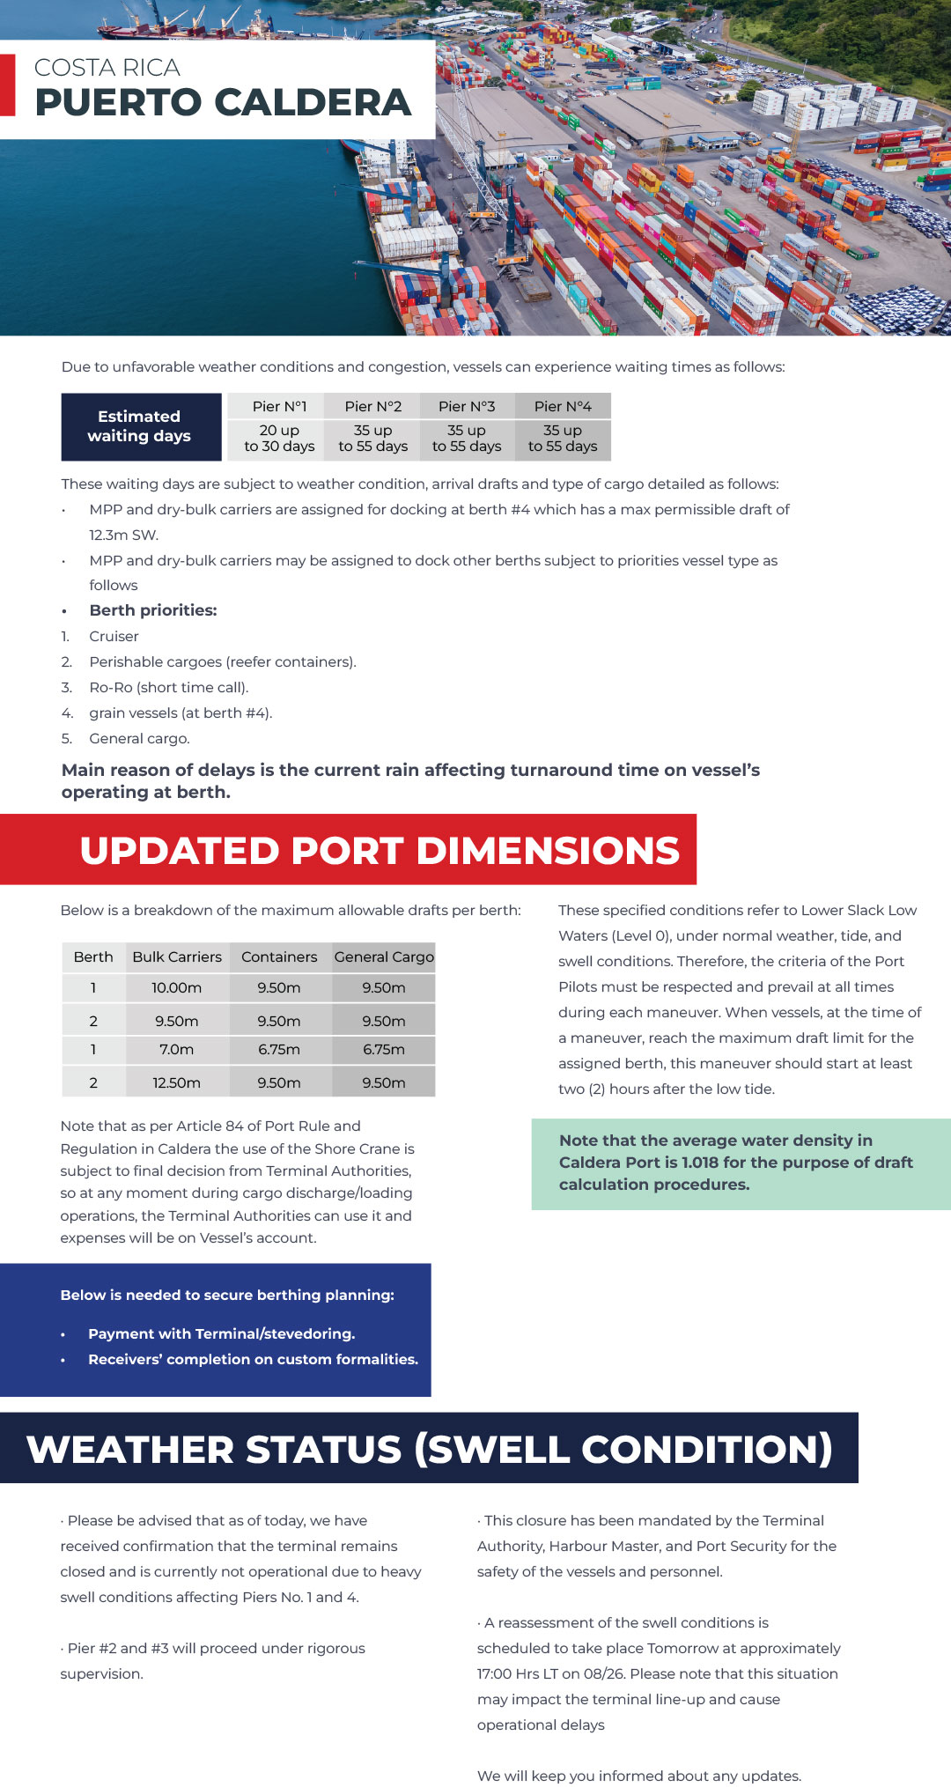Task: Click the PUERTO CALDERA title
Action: [x=223, y=102]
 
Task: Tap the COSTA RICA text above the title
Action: [x=107, y=68]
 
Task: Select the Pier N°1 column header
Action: [x=279, y=406]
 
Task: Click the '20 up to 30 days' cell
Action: [x=279, y=439]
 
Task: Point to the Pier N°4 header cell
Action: [x=563, y=406]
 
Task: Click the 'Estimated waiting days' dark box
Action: [x=140, y=426]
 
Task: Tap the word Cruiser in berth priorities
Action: [x=114, y=636]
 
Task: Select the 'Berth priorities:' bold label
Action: [x=152, y=610]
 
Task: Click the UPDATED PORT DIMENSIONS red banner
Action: [x=380, y=851]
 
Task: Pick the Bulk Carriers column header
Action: [x=177, y=956]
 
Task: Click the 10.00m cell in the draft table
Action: [x=176, y=988]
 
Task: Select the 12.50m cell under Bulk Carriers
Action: [x=176, y=1082]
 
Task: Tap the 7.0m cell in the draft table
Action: [x=176, y=1050]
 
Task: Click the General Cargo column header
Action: [x=384, y=956]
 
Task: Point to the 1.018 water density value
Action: [x=699, y=1163]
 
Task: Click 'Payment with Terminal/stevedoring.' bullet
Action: [x=221, y=1333]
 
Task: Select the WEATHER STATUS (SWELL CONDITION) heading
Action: [x=429, y=1450]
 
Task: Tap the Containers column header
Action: [x=279, y=956]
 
